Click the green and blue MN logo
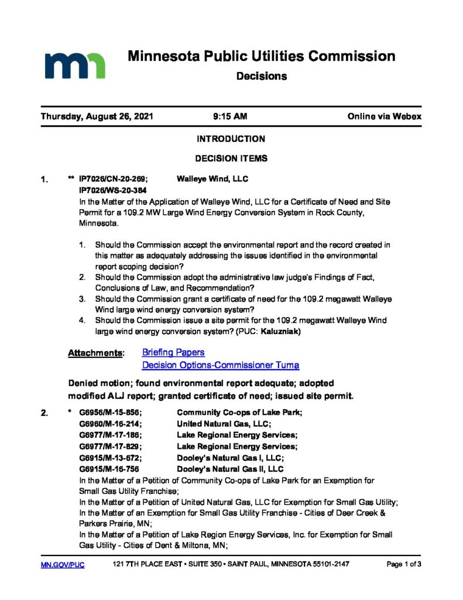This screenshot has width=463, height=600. [74, 65]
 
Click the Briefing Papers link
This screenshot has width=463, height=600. [173, 352]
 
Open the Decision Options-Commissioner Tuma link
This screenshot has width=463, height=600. [221, 365]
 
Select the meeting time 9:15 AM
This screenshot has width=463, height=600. [230, 117]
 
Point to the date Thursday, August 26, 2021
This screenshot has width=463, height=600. [97, 117]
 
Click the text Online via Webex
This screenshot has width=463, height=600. [384, 117]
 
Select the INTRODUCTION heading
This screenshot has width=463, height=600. [231, 139]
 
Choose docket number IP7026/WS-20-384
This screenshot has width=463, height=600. [112, 190]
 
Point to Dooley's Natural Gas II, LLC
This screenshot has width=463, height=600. [230, 469]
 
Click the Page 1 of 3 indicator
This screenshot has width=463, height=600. [404, 565]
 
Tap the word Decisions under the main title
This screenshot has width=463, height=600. [261, 76]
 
